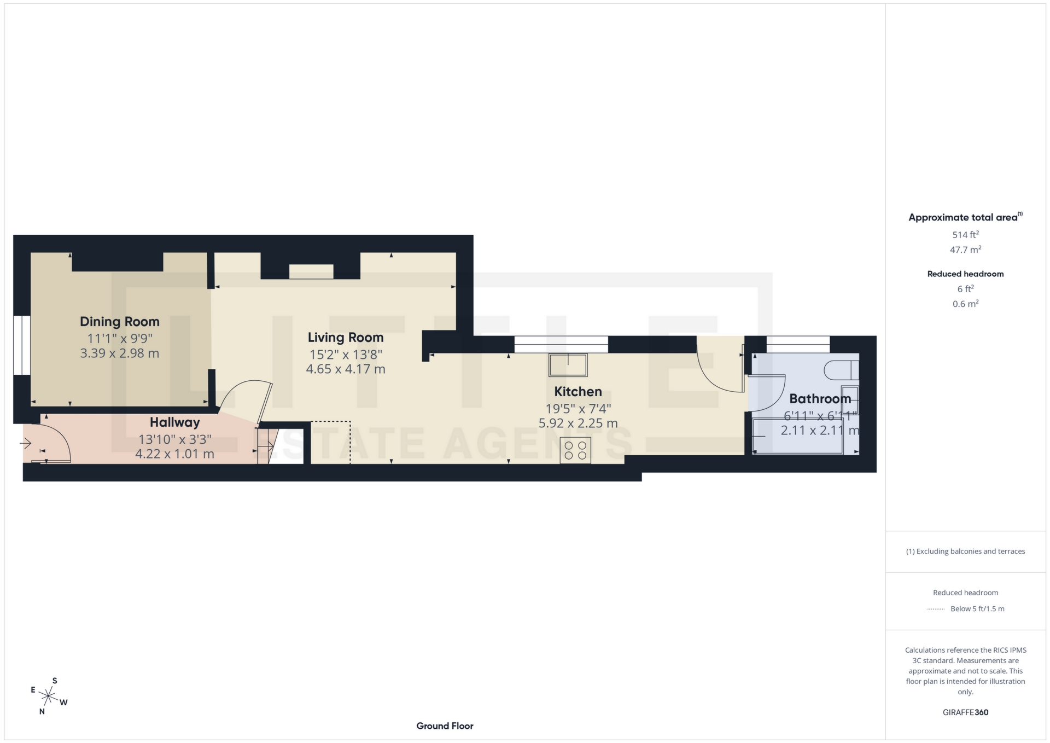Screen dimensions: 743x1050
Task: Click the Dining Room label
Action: [119, 322]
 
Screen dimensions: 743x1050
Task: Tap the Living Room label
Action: [345, 338]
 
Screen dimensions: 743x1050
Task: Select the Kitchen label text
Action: [577, 392]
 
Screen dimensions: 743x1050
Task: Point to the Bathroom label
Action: [819, 399]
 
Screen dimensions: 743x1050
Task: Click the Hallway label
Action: [174, 422]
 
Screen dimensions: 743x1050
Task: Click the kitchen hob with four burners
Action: [575, 450]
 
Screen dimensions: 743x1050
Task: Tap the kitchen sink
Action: [568, 365]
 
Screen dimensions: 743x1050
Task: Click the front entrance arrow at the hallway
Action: [25, 443]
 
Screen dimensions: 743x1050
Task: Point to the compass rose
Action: [49, 696]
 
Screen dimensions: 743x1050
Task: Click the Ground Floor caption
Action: [445, 726]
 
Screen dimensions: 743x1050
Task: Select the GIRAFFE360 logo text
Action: [965, 712]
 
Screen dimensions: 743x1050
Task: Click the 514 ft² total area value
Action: [965, 235]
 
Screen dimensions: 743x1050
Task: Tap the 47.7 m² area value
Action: [965, 250]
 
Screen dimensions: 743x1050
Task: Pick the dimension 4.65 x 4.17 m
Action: [345, 369]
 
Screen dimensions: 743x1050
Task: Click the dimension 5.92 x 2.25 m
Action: [577, 423]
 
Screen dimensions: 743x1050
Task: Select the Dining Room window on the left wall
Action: [22, 345]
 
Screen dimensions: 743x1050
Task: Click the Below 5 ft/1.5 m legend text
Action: [977, 608]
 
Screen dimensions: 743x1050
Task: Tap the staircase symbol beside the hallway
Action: [266, 446]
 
